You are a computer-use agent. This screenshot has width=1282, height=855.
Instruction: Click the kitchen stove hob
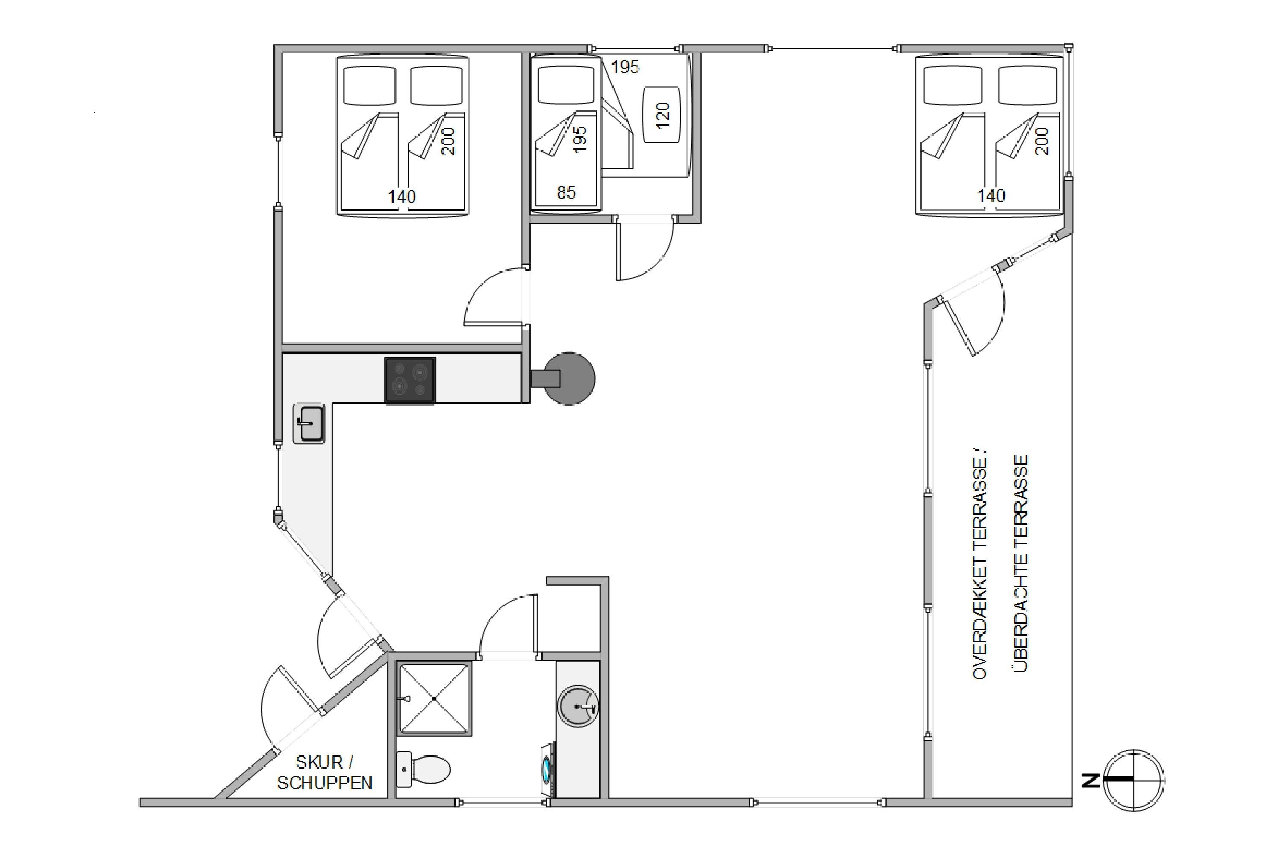pos(410,380)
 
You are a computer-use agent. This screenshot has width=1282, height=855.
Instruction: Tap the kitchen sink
pos(309,423)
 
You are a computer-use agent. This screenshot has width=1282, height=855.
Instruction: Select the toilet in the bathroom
pos(423,769)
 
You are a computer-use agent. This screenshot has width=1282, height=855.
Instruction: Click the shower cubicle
pos(434,699)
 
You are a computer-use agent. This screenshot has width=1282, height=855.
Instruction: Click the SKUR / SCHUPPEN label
pos(325,772)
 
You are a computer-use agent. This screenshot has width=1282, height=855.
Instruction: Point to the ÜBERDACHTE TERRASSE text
pos(1021,564)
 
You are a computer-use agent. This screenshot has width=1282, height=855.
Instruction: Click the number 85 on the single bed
pos(566,192)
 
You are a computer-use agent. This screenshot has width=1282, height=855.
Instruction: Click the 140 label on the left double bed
pos(402,196)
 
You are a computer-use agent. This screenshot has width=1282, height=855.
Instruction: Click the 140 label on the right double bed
pos(991,195)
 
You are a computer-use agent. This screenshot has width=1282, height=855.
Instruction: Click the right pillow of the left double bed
pos(437,85)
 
